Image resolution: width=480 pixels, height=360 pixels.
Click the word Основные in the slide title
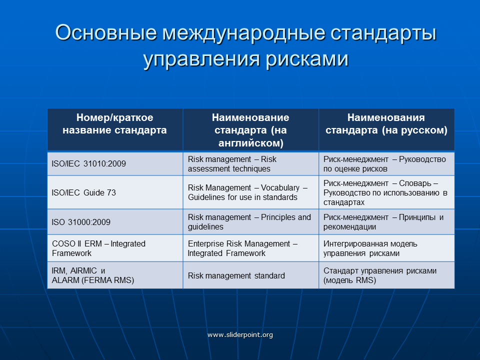pos(106,32)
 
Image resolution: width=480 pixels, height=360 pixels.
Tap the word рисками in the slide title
pos(306,59)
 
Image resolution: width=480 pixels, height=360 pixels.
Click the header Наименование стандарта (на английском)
pos(250,130)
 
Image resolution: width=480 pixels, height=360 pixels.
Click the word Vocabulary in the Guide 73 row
pos(280,187)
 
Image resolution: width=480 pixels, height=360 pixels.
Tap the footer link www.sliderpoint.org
pos(240,334)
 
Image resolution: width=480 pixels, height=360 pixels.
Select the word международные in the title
pos(243,32)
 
